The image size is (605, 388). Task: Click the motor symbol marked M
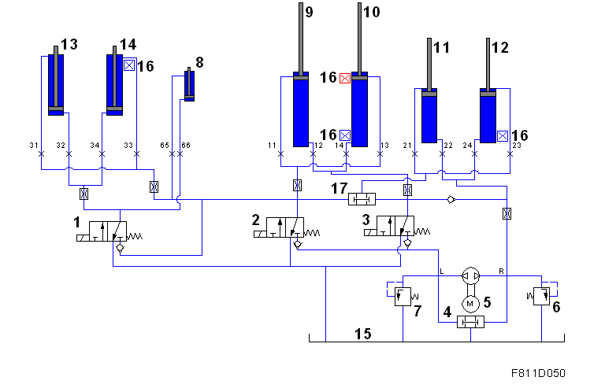pyautogui.click(x=470, y=304)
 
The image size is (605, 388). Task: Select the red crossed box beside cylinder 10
pyautogui.click(x=344, y=78)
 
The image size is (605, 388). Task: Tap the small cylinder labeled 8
pyautogui.click(x=189, y=84)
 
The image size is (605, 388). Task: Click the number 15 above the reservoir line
pyautogui.click(x=362, y=334)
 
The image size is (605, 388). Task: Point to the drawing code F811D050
pyautogui.click(x=538, y=373)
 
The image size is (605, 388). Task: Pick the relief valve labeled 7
pyautogui.click(x=403, y=296)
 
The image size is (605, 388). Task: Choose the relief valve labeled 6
pyautogui.click(x=541, y=296)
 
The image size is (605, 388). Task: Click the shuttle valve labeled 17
pyautogui.click(x=362, y=199)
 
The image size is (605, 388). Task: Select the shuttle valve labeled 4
pyautogui.click(x=470, y=322)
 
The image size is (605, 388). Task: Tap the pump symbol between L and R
pyautogui.click(x=471, y=276)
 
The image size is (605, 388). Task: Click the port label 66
pyautogui.click(x=186, y=146)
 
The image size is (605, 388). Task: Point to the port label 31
pyautogui.click(x=34, y=146)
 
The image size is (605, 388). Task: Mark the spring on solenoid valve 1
pyautogui.click(x=135, y=236)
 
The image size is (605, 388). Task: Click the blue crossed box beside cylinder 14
pyautogui.click(x=129, y=65)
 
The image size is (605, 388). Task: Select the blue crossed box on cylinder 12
pyautogui.click(x=503, y=136)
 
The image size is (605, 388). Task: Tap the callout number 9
pyautogui.click(x=309, y=12)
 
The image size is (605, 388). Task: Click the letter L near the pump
pyautogui.click(x=442, y=272)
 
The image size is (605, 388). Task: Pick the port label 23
pyautogui.click(x=517, y=146)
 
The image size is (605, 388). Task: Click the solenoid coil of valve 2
pyautogui.click(x=261, y=234)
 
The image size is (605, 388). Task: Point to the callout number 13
pyautogui.click(x=69, y=44)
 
